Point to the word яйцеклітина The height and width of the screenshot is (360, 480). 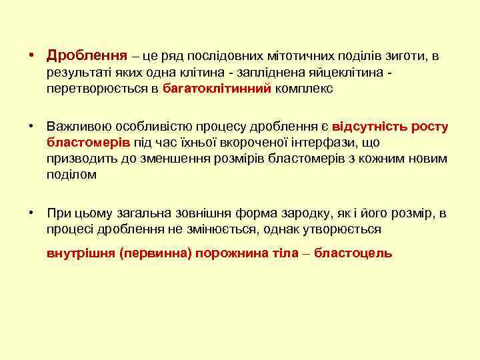350,72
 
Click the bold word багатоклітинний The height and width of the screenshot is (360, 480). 217,87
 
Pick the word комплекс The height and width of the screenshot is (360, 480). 303,87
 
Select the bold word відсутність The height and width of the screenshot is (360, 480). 375,127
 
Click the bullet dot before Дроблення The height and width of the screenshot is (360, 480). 31,56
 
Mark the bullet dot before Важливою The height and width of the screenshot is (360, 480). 31,127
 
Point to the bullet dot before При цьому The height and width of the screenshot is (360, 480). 31,213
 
